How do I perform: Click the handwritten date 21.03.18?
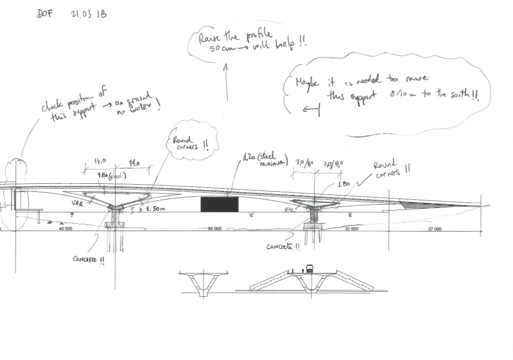(89, 14)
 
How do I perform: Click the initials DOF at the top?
(45, 13)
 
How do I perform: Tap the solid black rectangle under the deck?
(219, 204)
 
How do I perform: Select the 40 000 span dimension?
(66, 229)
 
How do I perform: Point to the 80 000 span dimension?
(214, 229)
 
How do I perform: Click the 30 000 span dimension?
(351, 229)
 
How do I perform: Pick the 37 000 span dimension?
(434, 229)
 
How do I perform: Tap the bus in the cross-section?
(309, 269)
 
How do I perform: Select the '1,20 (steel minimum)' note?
(264, 159)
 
